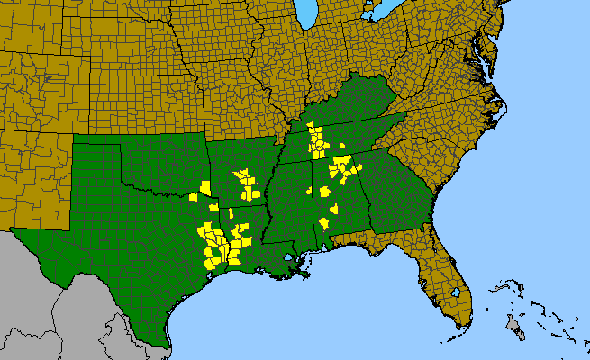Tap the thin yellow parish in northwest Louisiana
pos(230,213)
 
